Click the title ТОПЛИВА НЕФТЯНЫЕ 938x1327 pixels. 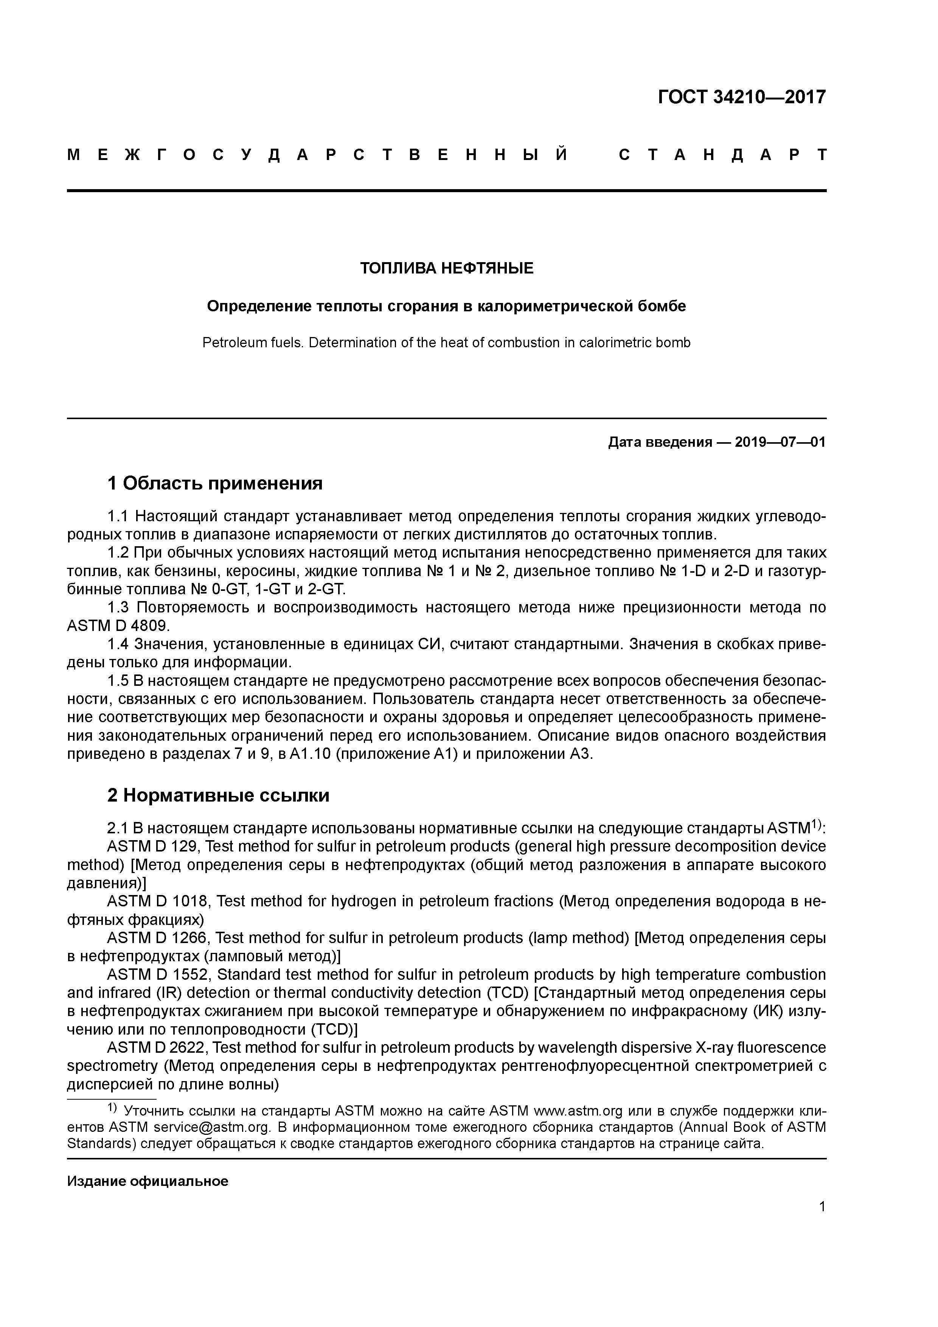[447, 268]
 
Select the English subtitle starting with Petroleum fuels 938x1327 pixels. [447, 343]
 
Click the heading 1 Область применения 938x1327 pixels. [215, 483]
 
